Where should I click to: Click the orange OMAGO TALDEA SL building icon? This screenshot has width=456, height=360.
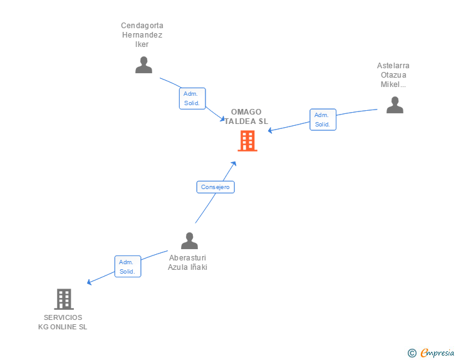(x=247, y=141)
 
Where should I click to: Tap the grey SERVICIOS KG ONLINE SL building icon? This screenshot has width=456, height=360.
(x=64, y=299)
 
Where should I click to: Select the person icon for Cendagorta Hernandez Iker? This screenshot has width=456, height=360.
(x=143, y=65)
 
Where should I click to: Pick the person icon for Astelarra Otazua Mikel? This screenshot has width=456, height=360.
(x=395, y=105)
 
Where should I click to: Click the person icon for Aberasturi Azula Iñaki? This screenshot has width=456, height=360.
(x=189, y=241)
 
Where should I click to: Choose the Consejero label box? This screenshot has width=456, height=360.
(x=215, y=187)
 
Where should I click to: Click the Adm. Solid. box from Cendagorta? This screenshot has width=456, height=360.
(x=192, y=98)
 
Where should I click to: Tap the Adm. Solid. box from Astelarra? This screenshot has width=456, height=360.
(x=323, y=120)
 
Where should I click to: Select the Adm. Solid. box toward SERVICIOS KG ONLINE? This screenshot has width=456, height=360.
(x=128, y=266)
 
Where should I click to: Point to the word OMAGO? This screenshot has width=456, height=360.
(x=246, y=112)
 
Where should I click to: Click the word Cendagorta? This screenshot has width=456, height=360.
(x=142, y=26)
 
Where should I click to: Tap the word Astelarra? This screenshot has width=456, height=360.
(x=393, y=66)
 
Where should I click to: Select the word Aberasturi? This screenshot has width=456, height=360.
(x=187, y=258)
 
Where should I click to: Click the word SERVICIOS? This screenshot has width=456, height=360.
(x=63, y=317)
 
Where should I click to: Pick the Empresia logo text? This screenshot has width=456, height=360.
(x=437, y=352)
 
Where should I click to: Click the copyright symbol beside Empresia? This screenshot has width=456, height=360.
(x=412, y=353)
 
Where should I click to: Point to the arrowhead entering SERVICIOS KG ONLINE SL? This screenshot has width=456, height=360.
(x=89, y=282)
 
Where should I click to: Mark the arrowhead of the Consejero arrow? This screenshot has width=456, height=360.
(x=234, y=163)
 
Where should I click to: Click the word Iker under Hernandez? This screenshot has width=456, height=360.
(x=142, y=44)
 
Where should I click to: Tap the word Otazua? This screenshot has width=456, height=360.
(x=393, y=75)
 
